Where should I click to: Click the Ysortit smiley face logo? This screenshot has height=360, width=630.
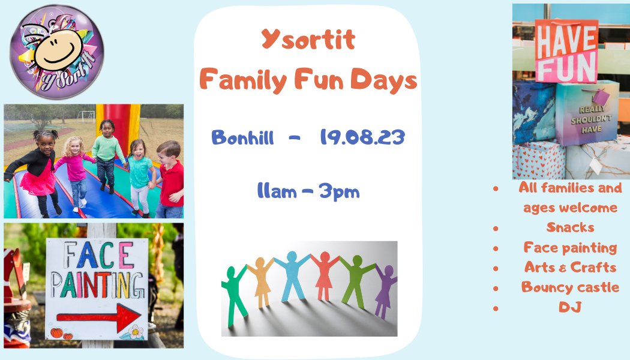pos(57,51)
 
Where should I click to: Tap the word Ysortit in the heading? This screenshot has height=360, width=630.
pos(308,40)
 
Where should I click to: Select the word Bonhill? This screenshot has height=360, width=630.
pos(242,137)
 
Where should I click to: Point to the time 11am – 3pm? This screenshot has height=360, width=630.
pos(308,191)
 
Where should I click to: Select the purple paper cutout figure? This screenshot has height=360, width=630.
pos(384,291)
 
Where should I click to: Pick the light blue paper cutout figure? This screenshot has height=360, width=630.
pos(292,276)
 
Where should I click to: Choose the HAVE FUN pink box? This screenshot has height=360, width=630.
pos(566,51)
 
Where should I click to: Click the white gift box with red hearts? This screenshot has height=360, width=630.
pos(538,161)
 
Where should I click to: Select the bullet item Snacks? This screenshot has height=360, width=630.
pos(570,227)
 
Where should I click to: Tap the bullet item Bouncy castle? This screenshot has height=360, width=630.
pos(570,287)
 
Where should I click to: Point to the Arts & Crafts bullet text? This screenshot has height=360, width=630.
pos(570,267)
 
